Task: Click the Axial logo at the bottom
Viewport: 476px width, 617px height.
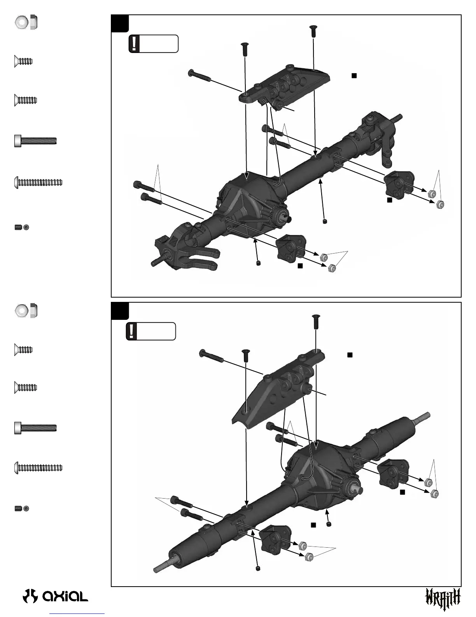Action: tap(56, 596)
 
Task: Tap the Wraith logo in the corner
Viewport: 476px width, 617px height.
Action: tap(443, 598)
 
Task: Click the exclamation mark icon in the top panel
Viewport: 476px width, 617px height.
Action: tap(135, 44)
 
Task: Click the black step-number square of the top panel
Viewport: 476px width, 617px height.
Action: tap(120, 23)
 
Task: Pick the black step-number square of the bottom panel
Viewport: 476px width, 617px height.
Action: tap(120, 311)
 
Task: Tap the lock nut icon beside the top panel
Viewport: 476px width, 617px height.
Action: tap(26, 22)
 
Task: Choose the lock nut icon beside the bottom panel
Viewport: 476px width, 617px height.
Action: tap(26, 310)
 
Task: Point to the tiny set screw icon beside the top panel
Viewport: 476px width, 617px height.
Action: tap(22, 227)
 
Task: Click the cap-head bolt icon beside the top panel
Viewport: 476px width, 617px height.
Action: tap(35, 141)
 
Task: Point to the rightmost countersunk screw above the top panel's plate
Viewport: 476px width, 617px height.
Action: tap(313, 31)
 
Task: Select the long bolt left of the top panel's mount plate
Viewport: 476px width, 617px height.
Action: tap(200, 76)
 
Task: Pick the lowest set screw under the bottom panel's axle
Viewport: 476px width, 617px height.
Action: tap(258, 569)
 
